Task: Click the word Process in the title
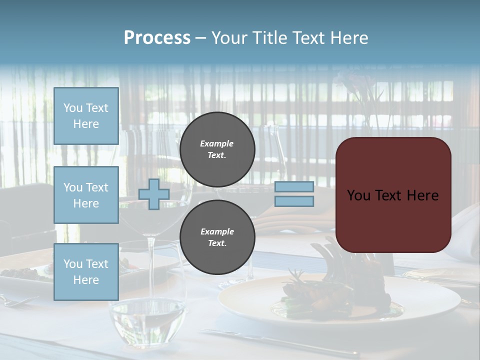(x=157, y=38)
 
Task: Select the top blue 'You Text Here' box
(x=86, y=116)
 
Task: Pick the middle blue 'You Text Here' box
(x=86, y=195)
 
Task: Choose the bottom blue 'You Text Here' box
(x=86, y=271)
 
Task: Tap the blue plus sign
(x=154, y=194)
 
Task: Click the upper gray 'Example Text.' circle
(x=217, y=149)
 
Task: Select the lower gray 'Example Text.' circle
(x=217, y=237)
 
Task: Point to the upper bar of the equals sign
(x=294, y=186)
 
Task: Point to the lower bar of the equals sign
(x=294, y=201)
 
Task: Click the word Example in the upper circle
(x=216, y=143)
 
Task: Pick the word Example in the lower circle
(x=217, y=231)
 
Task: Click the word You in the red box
(x=358, y=195)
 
